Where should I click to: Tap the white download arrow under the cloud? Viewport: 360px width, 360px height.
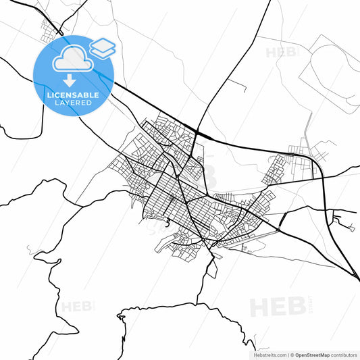[x=70, y=81]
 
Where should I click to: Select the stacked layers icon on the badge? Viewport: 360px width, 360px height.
[x=102, y=47]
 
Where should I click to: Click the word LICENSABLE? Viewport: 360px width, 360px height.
[x=73, y=95]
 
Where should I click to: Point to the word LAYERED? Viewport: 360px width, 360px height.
[x=73, y=103]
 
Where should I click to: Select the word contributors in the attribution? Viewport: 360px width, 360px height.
[x=344, y=355]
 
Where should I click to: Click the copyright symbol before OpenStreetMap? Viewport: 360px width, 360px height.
[x=292, y=355]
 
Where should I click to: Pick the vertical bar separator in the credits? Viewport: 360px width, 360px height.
[x=287, y=355]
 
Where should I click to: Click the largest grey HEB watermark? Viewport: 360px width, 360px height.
[x=278, y=307]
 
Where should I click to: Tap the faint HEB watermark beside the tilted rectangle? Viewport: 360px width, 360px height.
[x=280, y=52]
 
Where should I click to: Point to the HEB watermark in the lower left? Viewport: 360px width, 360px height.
[x=77, y=307]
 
